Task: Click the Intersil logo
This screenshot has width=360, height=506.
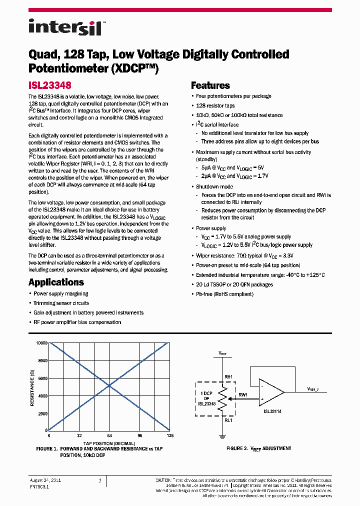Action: pyautogui.click(x=65, y=26)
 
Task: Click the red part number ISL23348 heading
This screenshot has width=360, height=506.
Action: pyautogui.click(x=49, y=85)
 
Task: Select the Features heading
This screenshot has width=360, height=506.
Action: pyautogui.click(x=210, y=85)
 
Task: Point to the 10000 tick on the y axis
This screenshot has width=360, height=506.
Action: pyautogui.click(x=41, y=343)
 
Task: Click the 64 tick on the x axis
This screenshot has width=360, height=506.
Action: pyautogui.click(x=109, y=435)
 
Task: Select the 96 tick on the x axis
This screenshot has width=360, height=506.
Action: pyautogui.click(x=140, y=435)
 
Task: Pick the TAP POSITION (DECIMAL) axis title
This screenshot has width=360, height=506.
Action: pyautogui.click(x=109, y=443)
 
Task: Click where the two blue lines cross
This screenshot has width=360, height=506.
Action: pyautogui.click(x=109, y=386)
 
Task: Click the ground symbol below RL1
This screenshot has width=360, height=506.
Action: pyautogui.click(x=222, y=436)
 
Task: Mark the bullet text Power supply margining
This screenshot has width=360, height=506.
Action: pyautogui.click(x=60, y=293)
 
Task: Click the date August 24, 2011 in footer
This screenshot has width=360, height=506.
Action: pyautogui.click(x=45, y=480)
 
